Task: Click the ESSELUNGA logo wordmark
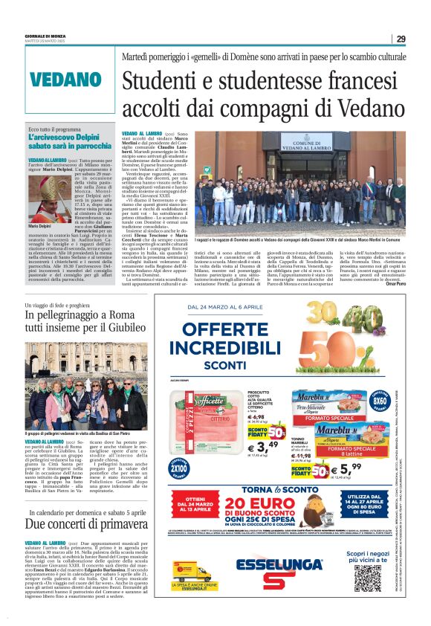point(269,567)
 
